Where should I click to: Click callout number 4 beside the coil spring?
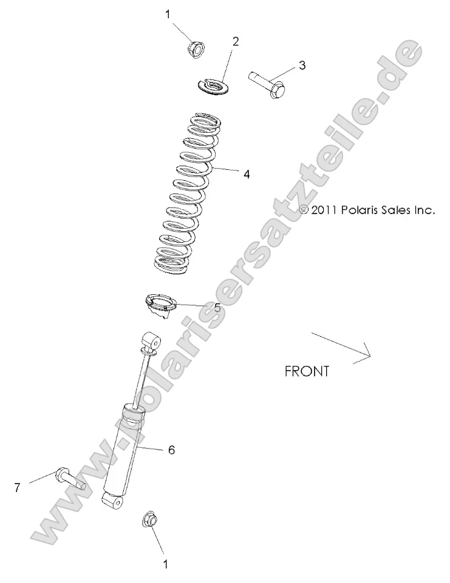pos(246,174)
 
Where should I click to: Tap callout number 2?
pos(236,41)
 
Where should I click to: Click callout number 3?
pos(301,65)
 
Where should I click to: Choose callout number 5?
pos(217,307)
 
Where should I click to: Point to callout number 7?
pos(18,486)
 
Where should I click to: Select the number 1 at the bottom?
pos(165,564)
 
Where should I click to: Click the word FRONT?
pos(307,371)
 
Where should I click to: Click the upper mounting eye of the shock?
pos(151,339)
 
